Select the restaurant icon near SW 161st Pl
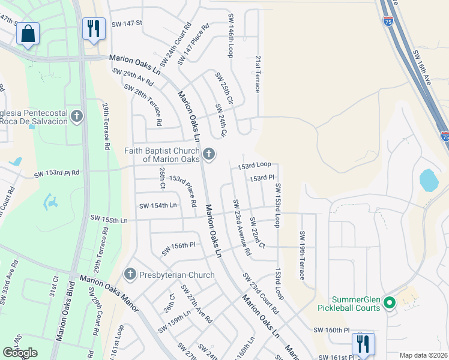(x=363, y=344)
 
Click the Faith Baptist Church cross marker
(x=209, y=155)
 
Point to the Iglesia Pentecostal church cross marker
(x=76, y=116)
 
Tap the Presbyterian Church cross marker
(x=130, y=275)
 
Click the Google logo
(x=20, y=353)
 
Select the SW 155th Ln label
(x=109, y=220)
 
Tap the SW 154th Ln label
(x=158, y=205)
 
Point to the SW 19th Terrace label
(x=302, y=255)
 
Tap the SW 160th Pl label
(x=331, y=330)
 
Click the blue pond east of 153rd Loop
(x=429, y=180)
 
